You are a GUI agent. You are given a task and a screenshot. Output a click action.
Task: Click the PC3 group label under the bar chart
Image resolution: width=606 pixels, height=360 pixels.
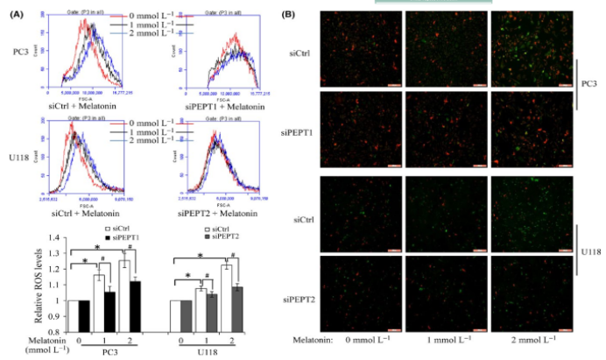[x=105, y=352]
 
